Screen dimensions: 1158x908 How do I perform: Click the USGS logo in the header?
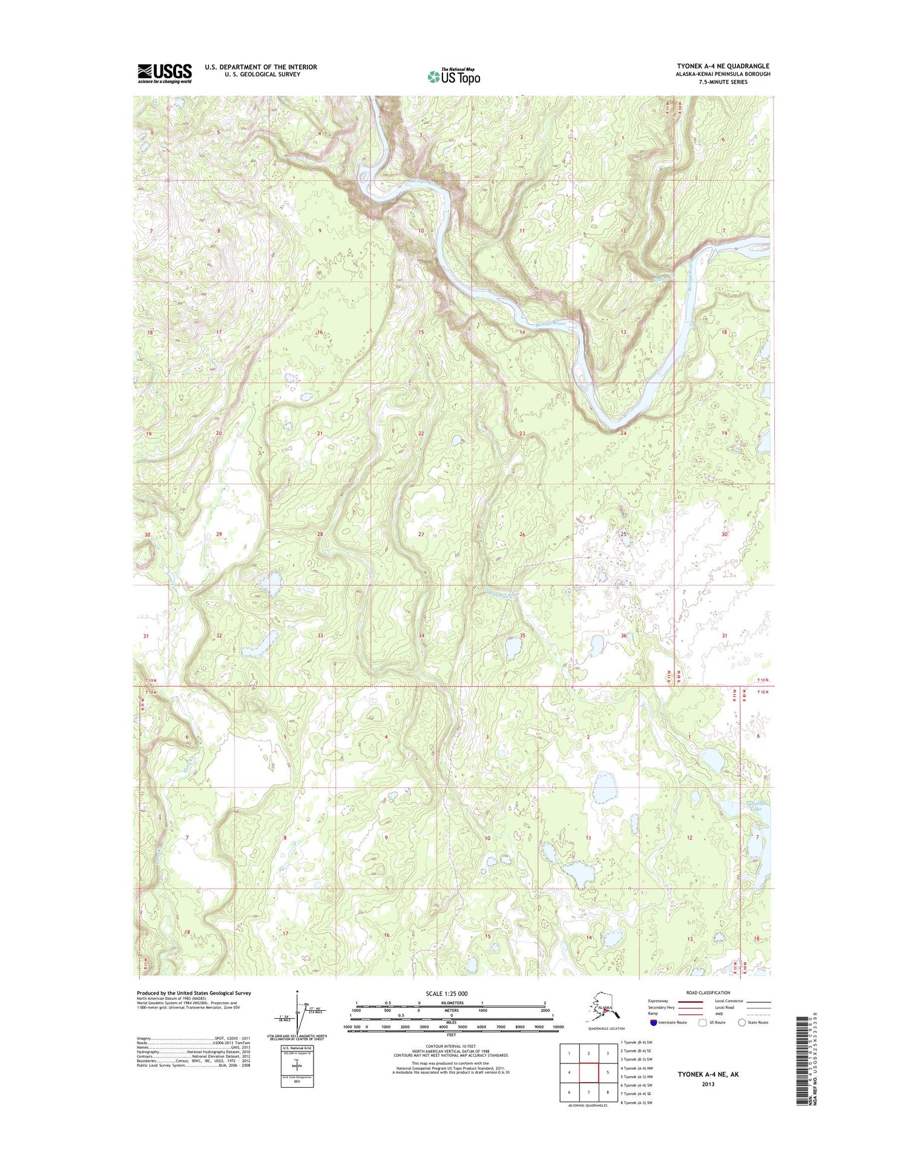click(x=164, y=73)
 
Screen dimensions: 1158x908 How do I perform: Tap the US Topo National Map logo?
click(x=454, y=76)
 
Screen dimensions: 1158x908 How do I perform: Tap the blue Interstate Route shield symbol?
click(x=653, y=1022)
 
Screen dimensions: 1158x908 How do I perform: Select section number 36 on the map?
click(x=623, y=635)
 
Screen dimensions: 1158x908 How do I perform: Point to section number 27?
click(x=421, y=535)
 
